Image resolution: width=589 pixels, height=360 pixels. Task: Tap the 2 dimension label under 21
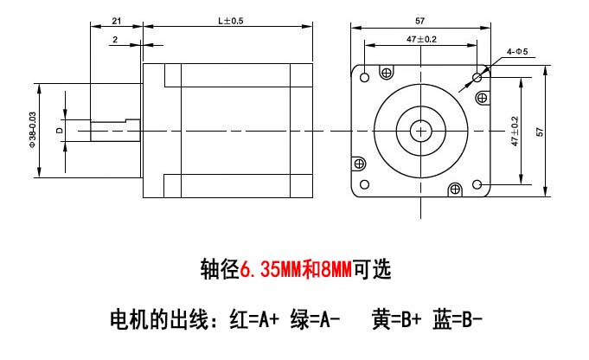click(115, 39)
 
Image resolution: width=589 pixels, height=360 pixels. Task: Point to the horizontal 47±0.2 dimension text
click(421, 39)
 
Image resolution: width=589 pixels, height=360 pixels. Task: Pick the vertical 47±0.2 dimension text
click(515, 132)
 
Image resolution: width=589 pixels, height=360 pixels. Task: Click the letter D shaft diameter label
click(59, 131)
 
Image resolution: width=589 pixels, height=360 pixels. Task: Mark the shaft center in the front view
click(421, 131)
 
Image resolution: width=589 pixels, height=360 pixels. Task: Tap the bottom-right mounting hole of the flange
click(477, 185)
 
